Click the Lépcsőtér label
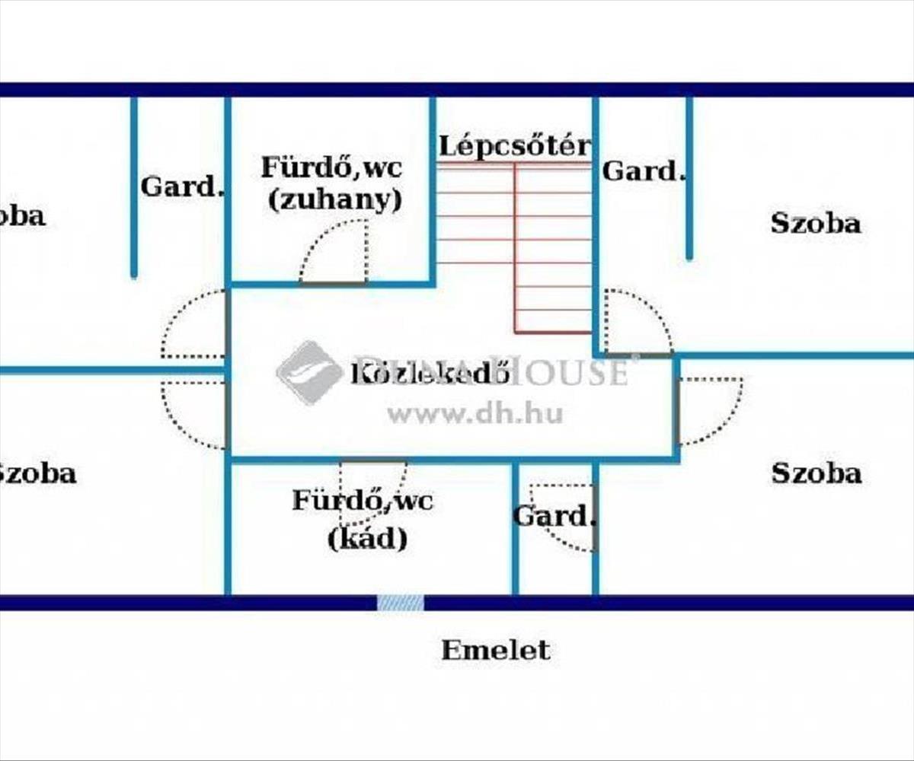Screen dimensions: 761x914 [514, 145]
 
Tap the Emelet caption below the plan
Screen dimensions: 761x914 [495, 650]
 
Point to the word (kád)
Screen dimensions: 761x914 [368, 539]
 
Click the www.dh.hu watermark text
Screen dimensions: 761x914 [475, 414]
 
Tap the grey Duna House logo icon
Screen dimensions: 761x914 [309, 372]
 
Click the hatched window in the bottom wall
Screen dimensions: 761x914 [401, 603]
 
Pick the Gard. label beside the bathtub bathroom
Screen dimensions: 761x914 [553, 516]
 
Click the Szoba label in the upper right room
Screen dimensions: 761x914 [816, 223]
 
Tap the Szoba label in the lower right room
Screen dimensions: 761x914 [817, 473]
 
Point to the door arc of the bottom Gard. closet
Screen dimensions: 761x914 [564, 517]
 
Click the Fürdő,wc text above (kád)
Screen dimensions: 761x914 [363, 501]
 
